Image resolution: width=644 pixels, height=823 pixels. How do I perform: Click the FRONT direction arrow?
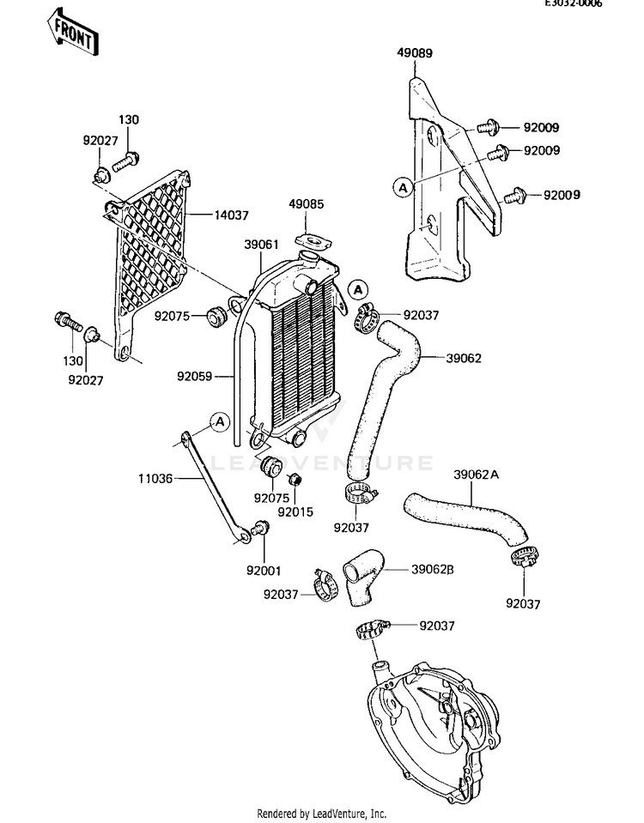click(x=71, y=32)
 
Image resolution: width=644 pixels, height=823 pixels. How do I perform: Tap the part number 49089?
click(x=415, y=53)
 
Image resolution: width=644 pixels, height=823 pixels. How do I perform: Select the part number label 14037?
click(x=231, y=215)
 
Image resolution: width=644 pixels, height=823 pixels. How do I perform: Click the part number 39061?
click(x=261, y=245)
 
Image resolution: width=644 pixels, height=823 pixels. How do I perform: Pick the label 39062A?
click(x=476, y=475)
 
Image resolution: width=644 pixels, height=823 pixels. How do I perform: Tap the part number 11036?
click(x=155, y=479)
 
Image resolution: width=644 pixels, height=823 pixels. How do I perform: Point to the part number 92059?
click(x=194, y=377)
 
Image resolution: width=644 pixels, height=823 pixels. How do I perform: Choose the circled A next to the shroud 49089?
click(x=404, y=187)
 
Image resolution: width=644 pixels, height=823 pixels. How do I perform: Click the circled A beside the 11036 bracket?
click(x=220, y=421)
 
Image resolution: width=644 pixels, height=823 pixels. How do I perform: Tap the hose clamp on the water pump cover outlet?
click(x=373, y=630)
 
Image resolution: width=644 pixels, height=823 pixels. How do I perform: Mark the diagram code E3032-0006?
click(x=573, y=3)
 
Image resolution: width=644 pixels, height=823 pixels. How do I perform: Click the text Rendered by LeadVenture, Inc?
click(x=321, y=814)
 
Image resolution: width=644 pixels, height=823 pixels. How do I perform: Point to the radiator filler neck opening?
click(x=308, y=257)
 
